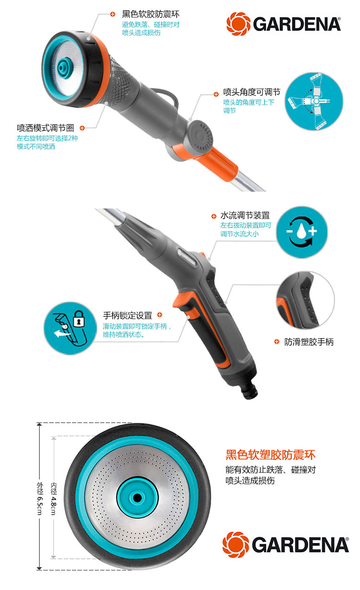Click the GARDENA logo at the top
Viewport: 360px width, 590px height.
click(x=284, y=24)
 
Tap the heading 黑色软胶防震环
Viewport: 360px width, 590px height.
click(x=151, y=14)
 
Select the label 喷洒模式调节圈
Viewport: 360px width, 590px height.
click(x=46, y=128)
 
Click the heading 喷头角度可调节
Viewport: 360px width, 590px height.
click(x=252, y=92)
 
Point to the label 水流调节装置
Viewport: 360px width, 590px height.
click(x=245, y=215)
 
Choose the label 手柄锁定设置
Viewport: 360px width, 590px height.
click(x=128, y=315)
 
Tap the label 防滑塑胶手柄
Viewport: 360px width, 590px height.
click(x=309, y=342)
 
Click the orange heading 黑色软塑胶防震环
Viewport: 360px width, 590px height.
click(x=270, y=455)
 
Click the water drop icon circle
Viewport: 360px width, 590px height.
click(x=302, y=232)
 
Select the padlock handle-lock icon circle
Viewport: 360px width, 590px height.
click(x=70, y=328)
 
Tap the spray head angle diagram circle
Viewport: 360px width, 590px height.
click(x=314, y=101)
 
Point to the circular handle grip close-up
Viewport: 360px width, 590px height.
click(x=305, y=300)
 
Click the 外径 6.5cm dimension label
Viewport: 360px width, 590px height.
click(x=39, y=498)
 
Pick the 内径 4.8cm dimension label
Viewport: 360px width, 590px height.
click(x=53, y=498)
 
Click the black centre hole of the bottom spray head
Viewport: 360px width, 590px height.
click(x=137, y=498)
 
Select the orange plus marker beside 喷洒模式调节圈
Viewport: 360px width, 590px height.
click(x=82, y=128)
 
